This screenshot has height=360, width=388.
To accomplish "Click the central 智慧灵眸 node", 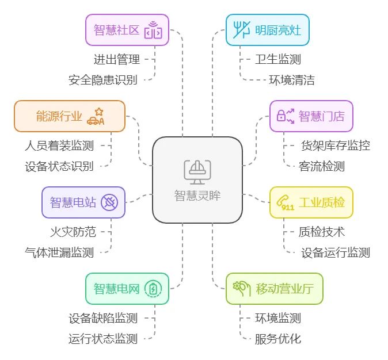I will point(197,180).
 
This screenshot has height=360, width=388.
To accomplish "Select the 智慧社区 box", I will point(127,29).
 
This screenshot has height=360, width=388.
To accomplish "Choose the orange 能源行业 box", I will point(69,116).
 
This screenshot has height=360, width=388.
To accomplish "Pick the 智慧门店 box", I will point(311,116).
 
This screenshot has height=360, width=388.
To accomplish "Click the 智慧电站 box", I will point(83,202).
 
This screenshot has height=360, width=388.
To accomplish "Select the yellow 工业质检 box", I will point(311,202).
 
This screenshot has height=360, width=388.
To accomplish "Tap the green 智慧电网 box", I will point(127,288).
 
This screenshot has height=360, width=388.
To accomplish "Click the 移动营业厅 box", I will point(274,288).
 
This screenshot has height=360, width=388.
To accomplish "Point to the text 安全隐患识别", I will point(103,80).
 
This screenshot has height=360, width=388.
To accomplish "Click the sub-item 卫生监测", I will point(278,59).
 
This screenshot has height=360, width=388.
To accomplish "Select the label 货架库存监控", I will point(336,145).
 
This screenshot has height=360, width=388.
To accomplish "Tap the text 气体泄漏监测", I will point(59,252).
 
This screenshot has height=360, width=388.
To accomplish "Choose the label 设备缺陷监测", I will point(103,317).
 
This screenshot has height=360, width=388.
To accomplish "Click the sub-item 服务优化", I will point(278,339).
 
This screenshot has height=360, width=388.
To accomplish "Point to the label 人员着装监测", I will point(59,145).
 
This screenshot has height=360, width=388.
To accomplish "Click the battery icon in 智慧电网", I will point(153,289).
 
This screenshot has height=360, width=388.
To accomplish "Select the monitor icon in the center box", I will point(197,170).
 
